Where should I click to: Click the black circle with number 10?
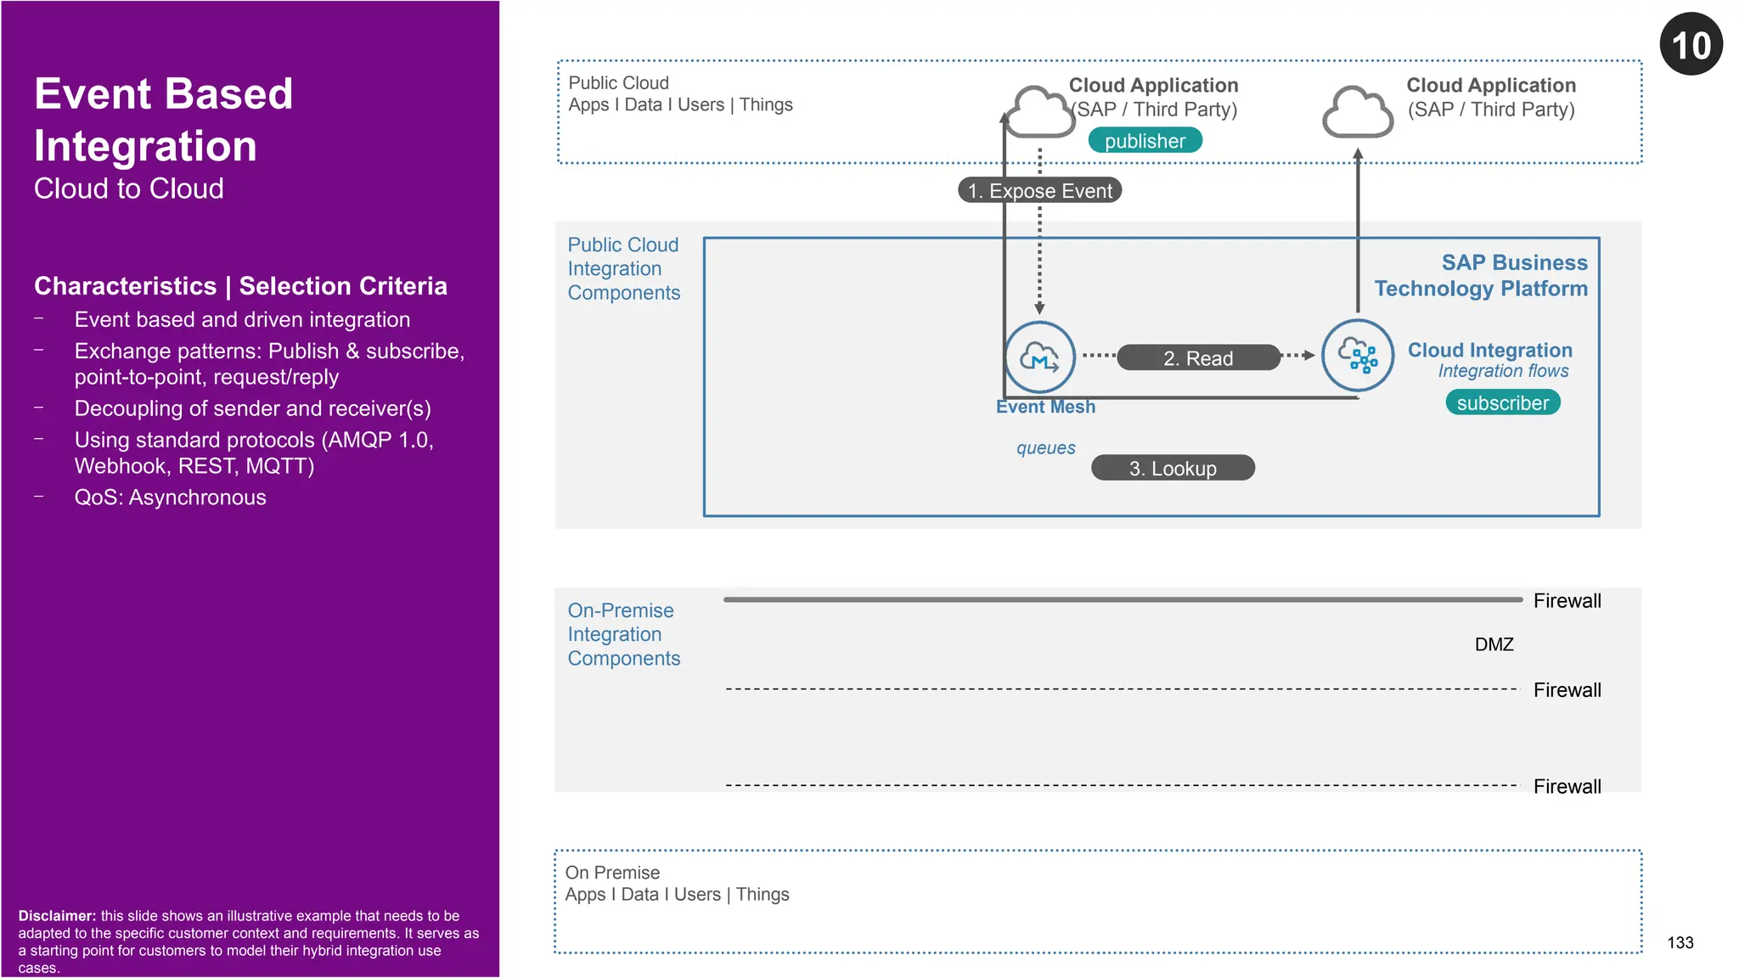click(1691, 44)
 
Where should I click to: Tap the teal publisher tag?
click(1145, 141)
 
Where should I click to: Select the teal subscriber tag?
click(1502, 402)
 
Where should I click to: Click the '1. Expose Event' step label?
click(1039, 190)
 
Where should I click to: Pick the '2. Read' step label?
click(1197, 357)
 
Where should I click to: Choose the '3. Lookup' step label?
click(1172, 468)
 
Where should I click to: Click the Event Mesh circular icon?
click(1039, 357)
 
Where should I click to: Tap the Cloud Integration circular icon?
click(1357, 355)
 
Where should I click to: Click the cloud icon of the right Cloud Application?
click(1357, 111)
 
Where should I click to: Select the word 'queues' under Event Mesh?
click(1045, 447)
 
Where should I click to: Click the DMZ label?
click(1494, 644)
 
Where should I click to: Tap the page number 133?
click(1680, 942)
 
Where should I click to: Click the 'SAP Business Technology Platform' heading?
click(1481, 275)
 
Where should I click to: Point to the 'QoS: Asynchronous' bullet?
click(170, 497)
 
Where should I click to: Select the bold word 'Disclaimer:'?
click(57, 916)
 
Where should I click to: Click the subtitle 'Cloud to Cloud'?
click(128, 188)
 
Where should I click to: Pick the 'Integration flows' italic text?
click(1503, 371)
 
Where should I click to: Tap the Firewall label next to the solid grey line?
click(1567, 601)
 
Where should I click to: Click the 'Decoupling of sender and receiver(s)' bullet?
click(252, 408)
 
